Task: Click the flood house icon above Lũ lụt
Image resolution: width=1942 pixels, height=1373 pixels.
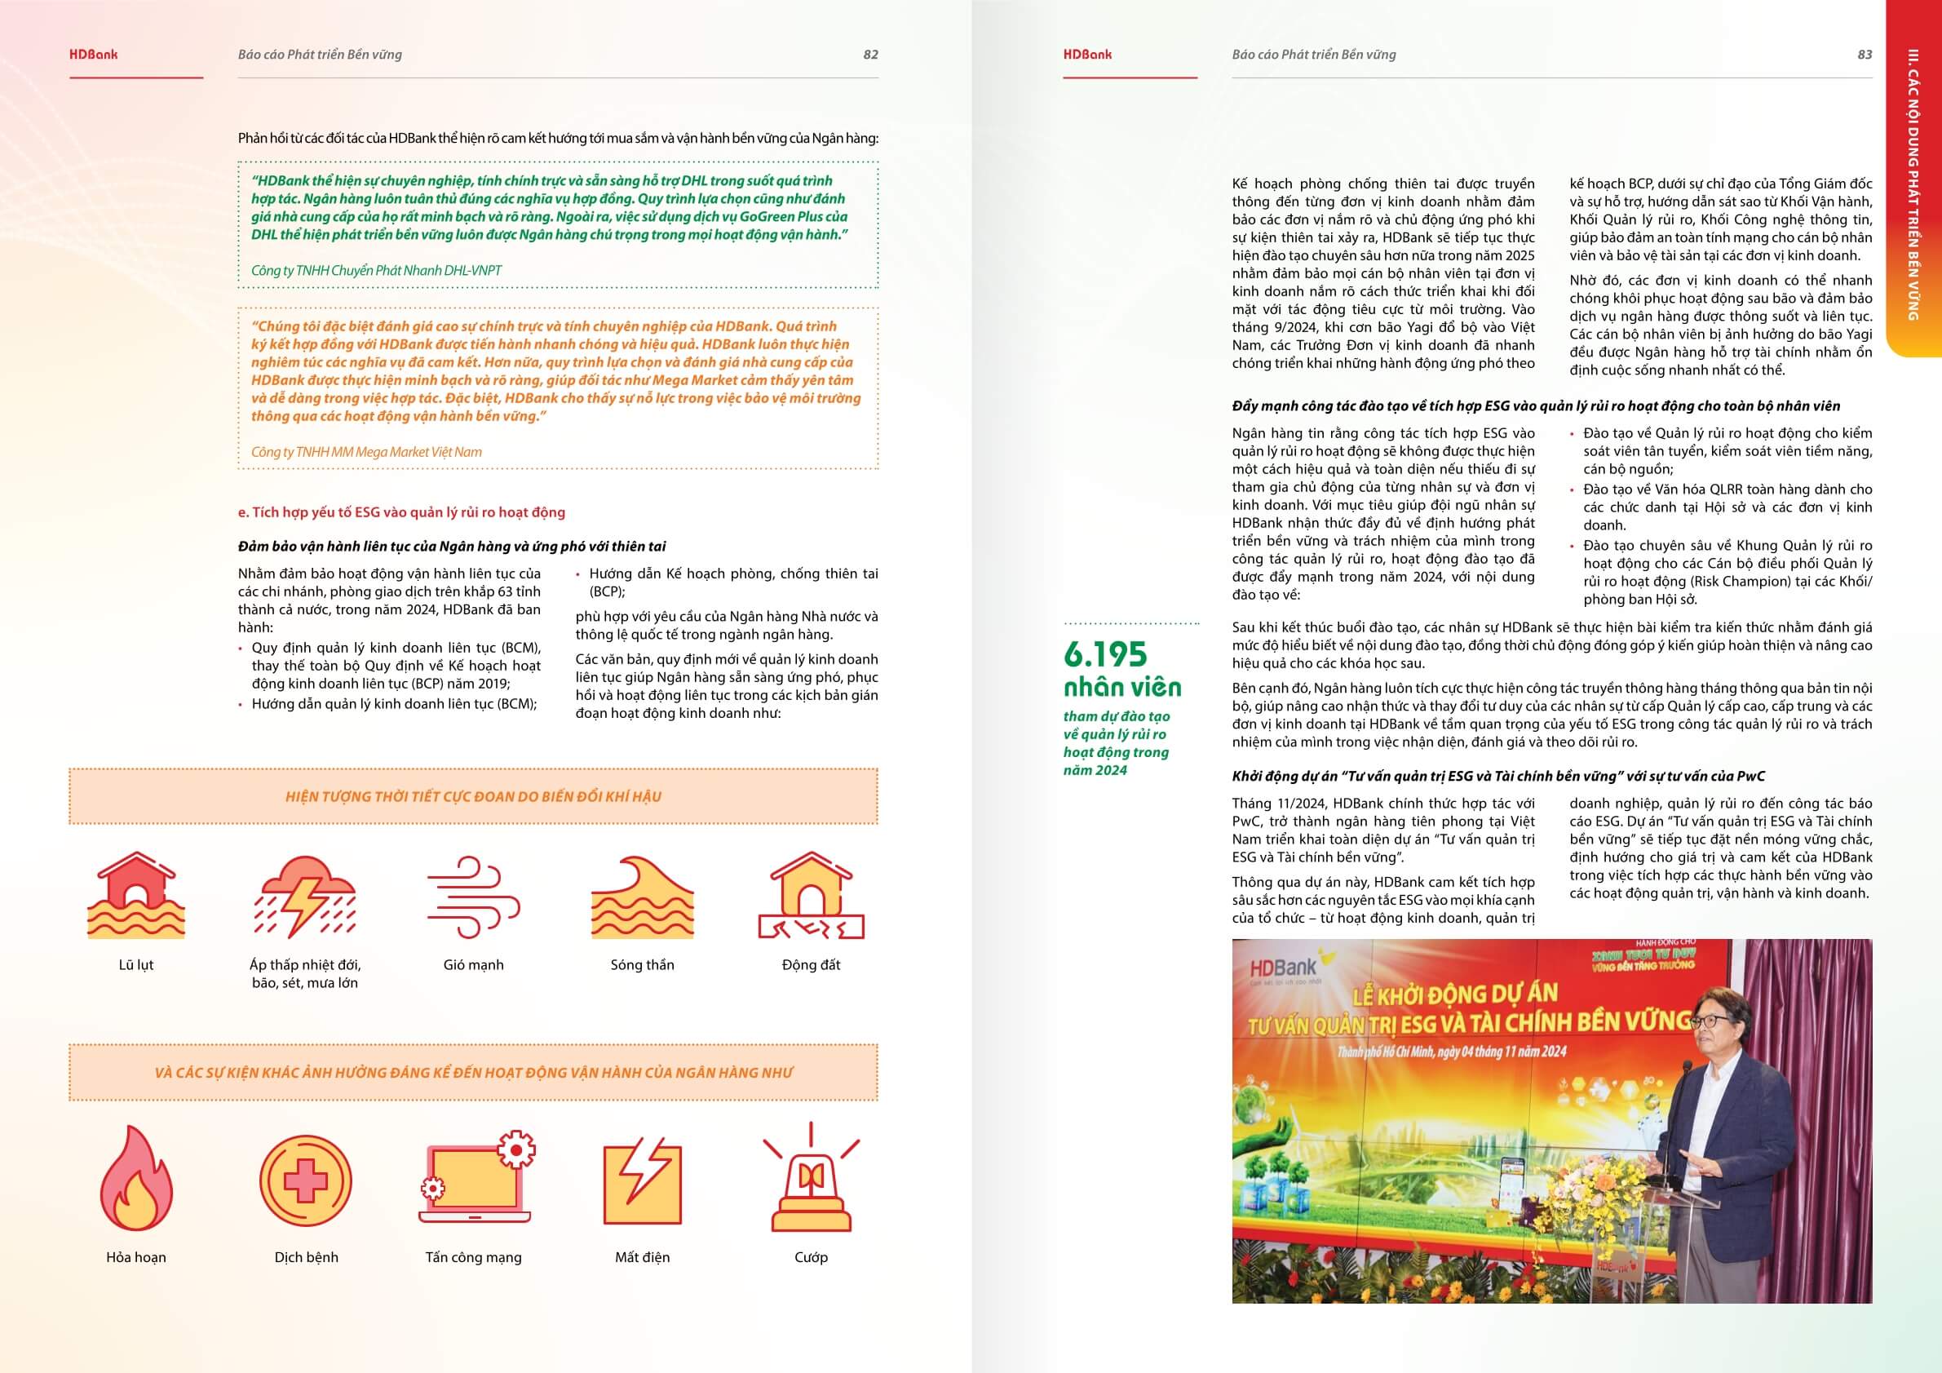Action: click(x=136, y=896)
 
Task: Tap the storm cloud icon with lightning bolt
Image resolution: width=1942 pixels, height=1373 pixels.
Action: click(x=305, y=897)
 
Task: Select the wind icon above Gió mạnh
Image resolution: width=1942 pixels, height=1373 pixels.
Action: click(x=473, y=897)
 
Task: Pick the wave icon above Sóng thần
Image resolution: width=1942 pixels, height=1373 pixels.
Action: click(x=642, y=897)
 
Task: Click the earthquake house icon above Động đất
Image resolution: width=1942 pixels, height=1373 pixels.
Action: click(x=812, y=896)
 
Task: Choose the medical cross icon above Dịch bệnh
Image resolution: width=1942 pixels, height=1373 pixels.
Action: click(x=305, y=1180)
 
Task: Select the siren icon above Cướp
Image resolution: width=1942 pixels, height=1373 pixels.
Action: click(x=812, y=1180)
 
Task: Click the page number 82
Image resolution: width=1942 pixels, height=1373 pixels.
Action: click(x=870, y=55)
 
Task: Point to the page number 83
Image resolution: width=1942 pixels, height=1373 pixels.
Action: click(x=1865, y=55)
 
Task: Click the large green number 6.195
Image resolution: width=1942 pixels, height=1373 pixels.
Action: click(x=1105, y=654)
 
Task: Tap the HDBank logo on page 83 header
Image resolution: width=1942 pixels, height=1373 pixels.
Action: click(x=1088, y=55)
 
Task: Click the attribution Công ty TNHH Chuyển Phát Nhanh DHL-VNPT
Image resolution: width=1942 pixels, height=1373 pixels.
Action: click(x=376, y=271)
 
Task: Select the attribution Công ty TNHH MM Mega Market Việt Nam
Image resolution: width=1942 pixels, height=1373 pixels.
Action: click(x=366, y=452)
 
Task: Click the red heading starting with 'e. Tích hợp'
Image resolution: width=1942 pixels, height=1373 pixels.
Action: click(x=402, y=512)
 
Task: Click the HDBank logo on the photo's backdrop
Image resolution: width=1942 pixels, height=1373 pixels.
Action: click(x=1283, y=969)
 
